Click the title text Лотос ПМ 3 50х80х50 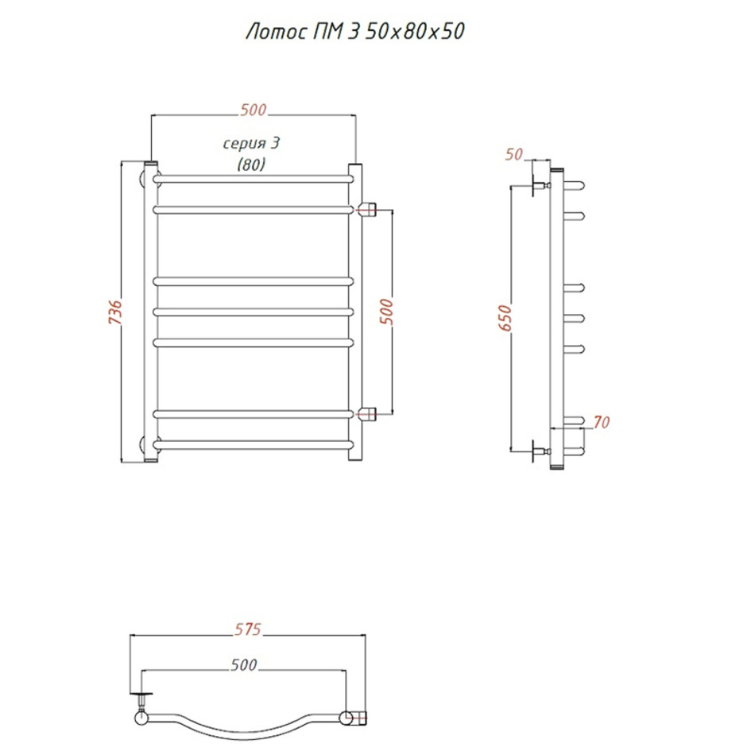pos(355,31)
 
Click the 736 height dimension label pos(115,312)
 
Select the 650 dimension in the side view pos(505,318)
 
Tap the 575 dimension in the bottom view pos(248,629)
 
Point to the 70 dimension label pos(602,422)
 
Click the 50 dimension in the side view pos(513,154)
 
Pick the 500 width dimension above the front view pos(254,110)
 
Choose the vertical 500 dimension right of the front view pos(386,312)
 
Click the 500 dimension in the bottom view pos(244,665)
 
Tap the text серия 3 pos(251,143)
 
